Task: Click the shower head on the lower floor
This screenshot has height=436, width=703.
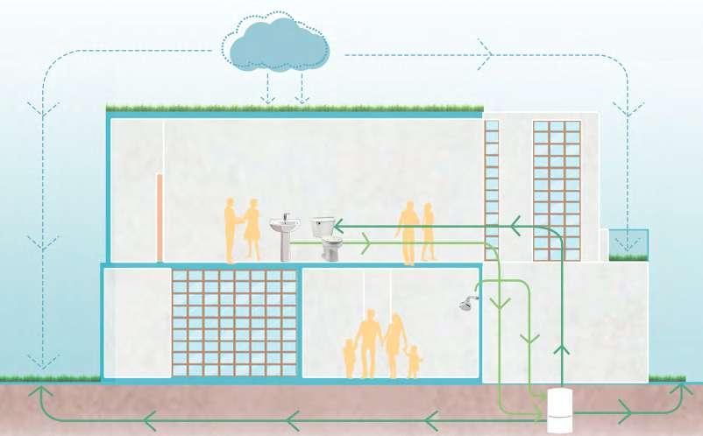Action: point(469,304)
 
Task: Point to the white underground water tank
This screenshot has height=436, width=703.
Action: point(558,410)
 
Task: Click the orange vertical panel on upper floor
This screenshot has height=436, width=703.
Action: point(159,218)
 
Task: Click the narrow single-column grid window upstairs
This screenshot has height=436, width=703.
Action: point(491,184)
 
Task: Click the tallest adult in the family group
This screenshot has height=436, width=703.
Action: point(368,341)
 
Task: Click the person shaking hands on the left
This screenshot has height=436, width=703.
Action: point(231,229)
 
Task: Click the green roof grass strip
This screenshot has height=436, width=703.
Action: point(294,109)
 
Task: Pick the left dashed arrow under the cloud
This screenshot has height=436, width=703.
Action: point(269,98)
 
